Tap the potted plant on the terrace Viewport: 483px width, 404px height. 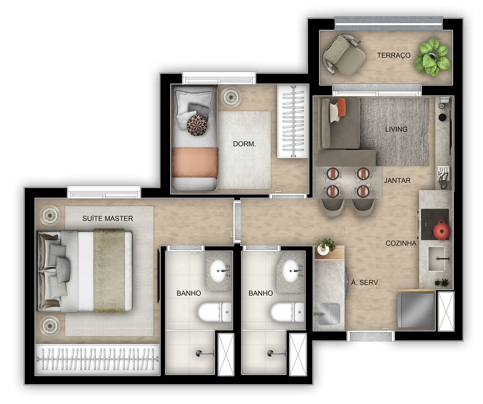pyautogui.click(x=433, y=57)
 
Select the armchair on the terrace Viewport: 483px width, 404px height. pyautogui.click(x=344, y=55)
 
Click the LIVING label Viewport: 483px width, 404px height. pyautogui.click(x=396, y=129)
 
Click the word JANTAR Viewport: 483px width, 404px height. pyautogui.click(x=397, y=181)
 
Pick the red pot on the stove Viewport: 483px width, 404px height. pyautogui.click(x=442, y=230)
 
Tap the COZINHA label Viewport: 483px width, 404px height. pyautogui.click(x=401, y=243)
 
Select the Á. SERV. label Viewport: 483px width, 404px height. pyautogui.click(x=366, y=283)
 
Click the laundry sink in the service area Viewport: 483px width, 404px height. pyautogui.click(x=328, y=313)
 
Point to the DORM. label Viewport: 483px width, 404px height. pyautogui.click(x=244, y=144)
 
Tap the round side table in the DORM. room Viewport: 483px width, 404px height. pyautogui.click(x=231, y=97)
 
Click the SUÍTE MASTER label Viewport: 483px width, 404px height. pyautogui.click(x=108, y=218)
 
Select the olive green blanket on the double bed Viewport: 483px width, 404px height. pyautogui.click(x=109, y=270)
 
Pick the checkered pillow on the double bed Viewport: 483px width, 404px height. pyautogui.click(x=63, y=269)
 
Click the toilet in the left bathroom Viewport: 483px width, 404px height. pyautogui.click(x=214, y=312)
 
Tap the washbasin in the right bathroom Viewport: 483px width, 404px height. pyautogui.click(x=291, y=270)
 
